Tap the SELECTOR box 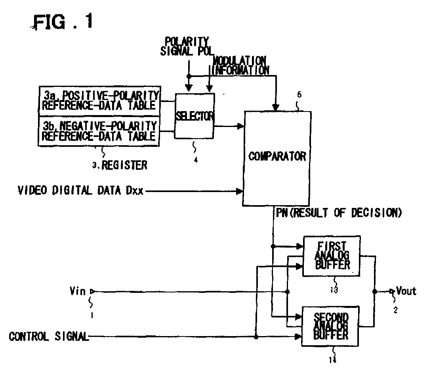[195, 116]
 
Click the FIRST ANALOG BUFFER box [331, 256]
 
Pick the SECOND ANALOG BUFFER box [331, 325]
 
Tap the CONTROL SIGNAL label [48, 337]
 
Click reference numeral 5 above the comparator [299, 95]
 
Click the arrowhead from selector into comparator [240, 126]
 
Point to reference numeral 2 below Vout [395, 311]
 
